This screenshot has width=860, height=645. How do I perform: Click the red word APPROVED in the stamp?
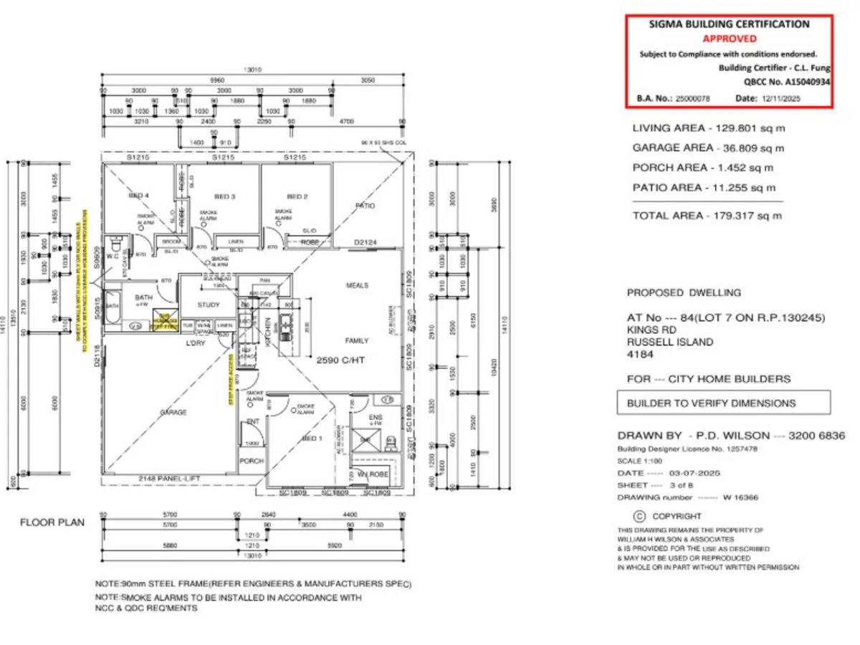(x=729, y=39)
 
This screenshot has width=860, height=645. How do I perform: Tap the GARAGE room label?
(x=173, y=412)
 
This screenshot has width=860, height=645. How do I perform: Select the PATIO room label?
(x=365, y=206)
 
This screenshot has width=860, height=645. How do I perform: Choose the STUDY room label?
(x=209, y=304)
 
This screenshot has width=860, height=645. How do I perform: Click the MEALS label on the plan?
(x=357, y=285)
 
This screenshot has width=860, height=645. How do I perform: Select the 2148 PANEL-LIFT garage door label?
(x=167, y=478)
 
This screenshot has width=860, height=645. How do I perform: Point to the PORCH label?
(x=251, y=461)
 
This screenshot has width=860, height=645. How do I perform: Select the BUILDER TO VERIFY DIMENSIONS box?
(x=723, y=403)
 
